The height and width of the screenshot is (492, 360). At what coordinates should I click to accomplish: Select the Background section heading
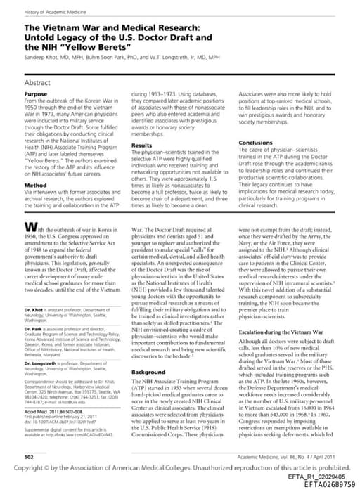pyautogui.click(x=148, y=372)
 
